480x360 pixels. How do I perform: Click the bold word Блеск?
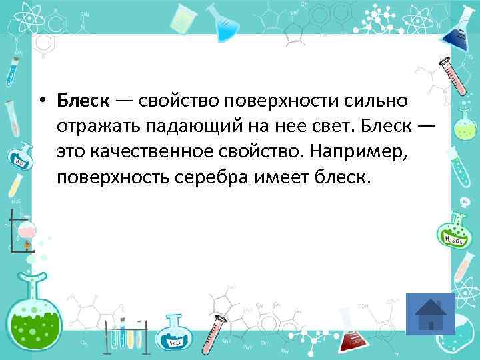click(83, 101)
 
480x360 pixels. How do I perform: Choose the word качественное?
click(153, 153)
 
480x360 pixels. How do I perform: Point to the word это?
click(71, 153)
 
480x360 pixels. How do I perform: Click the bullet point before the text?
click(41, 102)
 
